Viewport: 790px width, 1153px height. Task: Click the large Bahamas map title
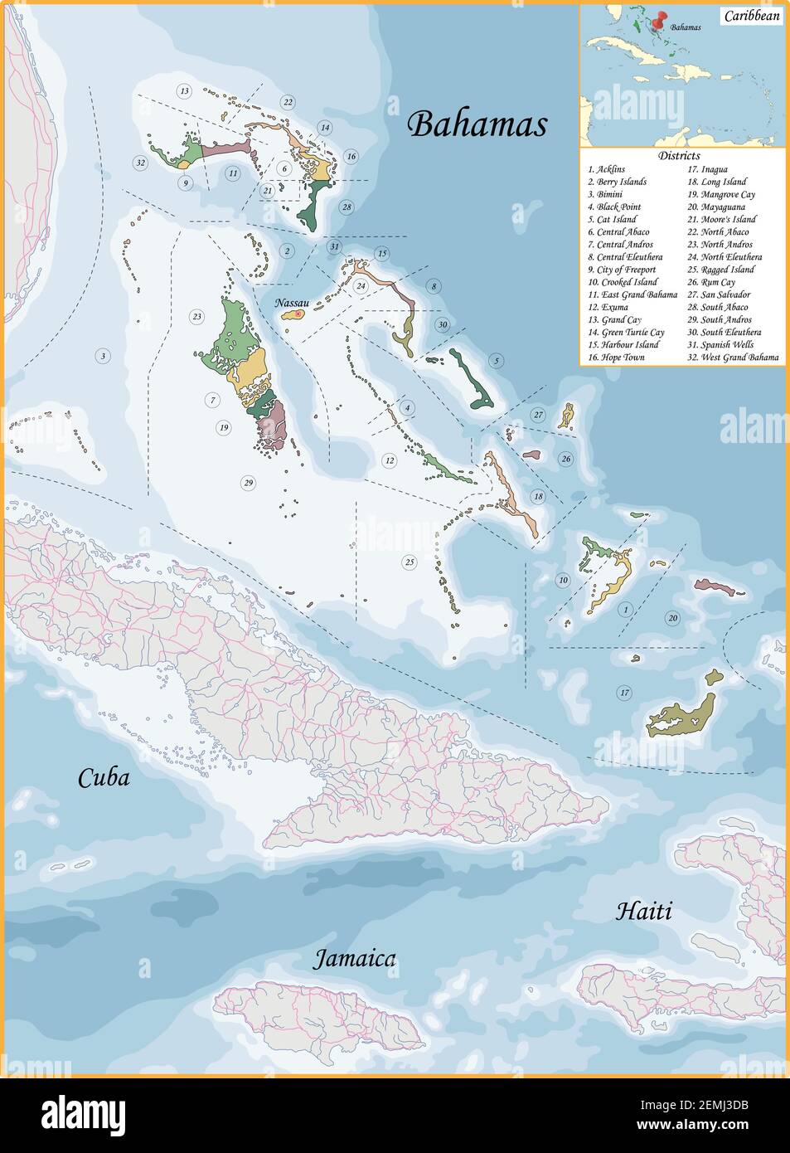(477, 124)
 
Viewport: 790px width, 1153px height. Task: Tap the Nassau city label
(292, 303)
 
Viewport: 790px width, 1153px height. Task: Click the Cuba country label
(104, 778)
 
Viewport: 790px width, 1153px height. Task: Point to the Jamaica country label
(354, 960)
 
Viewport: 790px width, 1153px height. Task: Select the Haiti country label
(643, 912)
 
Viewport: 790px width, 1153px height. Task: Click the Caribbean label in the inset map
(752, 16)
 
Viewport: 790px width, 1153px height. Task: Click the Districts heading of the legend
(679, 155)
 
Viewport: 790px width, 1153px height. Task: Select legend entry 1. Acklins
(607, 169)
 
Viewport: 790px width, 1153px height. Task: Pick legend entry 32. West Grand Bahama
(733, 358)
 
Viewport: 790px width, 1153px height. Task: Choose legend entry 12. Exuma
(608, 307)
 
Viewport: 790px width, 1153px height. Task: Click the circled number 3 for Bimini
(103, 356)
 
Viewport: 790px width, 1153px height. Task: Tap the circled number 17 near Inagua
(624, 693)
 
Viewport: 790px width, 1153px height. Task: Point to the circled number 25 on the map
(410, 562)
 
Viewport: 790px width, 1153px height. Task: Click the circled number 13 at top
(184, 90)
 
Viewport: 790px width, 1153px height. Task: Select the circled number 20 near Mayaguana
(672, 618)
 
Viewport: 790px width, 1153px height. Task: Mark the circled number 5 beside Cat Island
(496, 360)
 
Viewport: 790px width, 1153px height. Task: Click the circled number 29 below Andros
(248, 483)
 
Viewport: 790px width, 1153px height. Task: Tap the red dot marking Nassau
(298, 314)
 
